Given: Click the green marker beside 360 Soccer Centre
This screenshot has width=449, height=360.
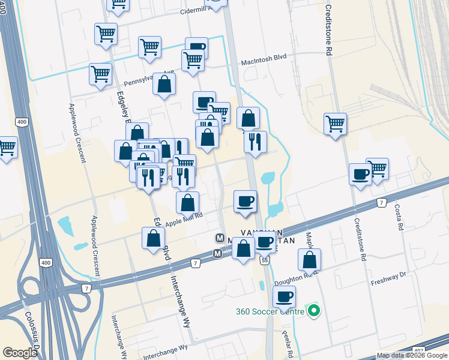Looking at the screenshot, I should pyautogui.click(x=313, y=311).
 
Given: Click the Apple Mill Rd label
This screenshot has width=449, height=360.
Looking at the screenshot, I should pyautogui.click(x=184, y=221).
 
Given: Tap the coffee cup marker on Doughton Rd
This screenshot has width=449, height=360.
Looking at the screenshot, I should pyautogui.click(x=284, y=296).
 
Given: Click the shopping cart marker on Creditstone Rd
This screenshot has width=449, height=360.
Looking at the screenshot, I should pyautogui.click(x=335, y=124).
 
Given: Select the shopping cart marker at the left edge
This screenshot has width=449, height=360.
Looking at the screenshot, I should pyautogui.click(x=7, y=147).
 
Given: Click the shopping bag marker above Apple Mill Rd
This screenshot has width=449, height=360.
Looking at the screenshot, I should pyautogui.click(x=188, y=203).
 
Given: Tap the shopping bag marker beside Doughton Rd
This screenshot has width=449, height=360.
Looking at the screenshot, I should pyautogui.click(x=309, y=260).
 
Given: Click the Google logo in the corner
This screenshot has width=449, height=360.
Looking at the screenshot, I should pyautogui.click(x=19, y=352).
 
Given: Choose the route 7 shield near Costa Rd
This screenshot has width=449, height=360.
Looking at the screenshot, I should pyautogui.click(x=382, y=203).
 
